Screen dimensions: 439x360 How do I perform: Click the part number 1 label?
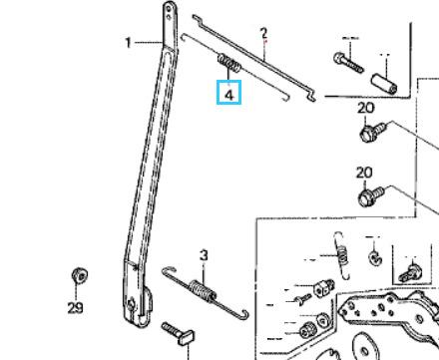[129, 43]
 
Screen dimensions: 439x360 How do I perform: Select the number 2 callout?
[263, 33]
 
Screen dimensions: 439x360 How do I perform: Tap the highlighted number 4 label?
[229, 95]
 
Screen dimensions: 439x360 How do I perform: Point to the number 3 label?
[204, 255]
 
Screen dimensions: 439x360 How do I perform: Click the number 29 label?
[75, 308]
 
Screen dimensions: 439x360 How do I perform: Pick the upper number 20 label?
[366, 108]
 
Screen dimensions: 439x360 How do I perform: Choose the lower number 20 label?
[364, 173]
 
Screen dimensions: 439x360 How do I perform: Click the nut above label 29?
[80, 275]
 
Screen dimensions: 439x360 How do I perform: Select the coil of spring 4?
[229, 63]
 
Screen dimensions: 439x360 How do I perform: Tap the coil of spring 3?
[203, 290]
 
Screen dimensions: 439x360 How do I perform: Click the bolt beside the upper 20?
[373, 133]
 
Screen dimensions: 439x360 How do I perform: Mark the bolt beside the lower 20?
[371, 196]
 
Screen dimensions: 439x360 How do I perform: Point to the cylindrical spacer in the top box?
[384, 84]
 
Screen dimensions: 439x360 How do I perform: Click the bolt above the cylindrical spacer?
[348, 63]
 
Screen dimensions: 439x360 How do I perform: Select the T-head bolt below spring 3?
[179, 333]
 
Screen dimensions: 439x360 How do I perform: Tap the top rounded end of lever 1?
[170, 7]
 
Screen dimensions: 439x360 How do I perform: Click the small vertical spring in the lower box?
[341, 255]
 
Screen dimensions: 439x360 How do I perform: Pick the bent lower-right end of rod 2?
[311, 97]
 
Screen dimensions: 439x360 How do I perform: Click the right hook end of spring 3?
[244, 314]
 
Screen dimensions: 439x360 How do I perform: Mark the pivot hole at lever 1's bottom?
[132, 304]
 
